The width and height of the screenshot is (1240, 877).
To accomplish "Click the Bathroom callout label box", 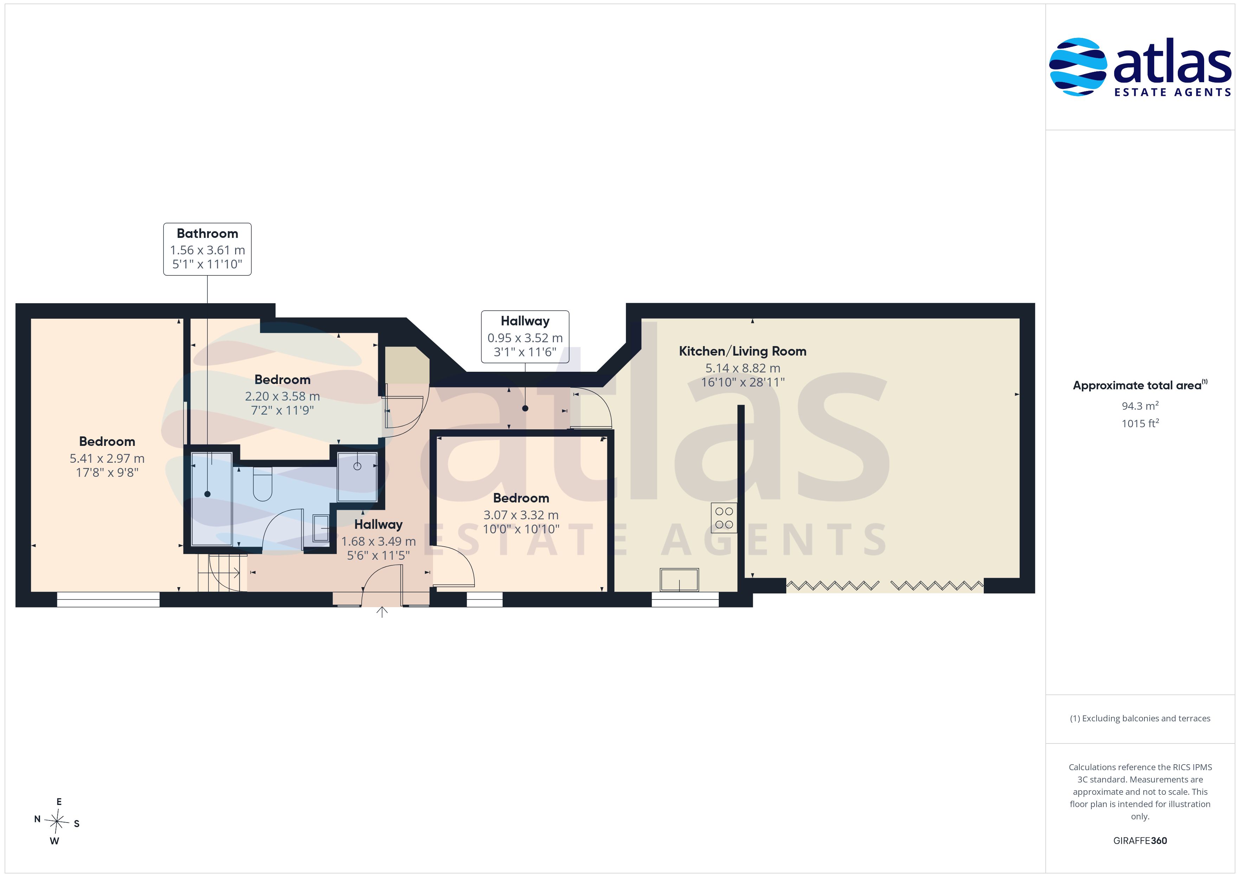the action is [207, 249].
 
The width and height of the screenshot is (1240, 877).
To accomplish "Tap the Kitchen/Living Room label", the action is [743, 351].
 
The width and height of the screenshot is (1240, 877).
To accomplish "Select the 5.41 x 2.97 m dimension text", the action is [107, 459].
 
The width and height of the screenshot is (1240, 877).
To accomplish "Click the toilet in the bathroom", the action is [263, 485].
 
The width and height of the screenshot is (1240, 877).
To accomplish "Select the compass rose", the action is [57, 821].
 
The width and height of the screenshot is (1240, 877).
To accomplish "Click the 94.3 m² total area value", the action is [1140, 405].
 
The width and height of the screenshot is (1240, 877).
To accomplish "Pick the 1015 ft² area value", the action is [1140, 423].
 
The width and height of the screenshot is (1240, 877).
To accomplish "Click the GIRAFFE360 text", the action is [1140, 841].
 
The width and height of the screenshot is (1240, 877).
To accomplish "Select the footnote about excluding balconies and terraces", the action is [1140, 718].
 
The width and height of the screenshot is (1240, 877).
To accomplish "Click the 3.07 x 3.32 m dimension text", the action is [521, 515].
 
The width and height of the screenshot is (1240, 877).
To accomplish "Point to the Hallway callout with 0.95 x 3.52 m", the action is [525, 337].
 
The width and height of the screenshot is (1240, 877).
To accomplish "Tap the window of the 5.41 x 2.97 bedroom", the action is [108, 599].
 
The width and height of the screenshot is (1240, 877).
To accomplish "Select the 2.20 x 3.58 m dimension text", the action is [283, 396].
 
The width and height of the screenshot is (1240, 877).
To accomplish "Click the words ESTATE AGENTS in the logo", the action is [1173, 92].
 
